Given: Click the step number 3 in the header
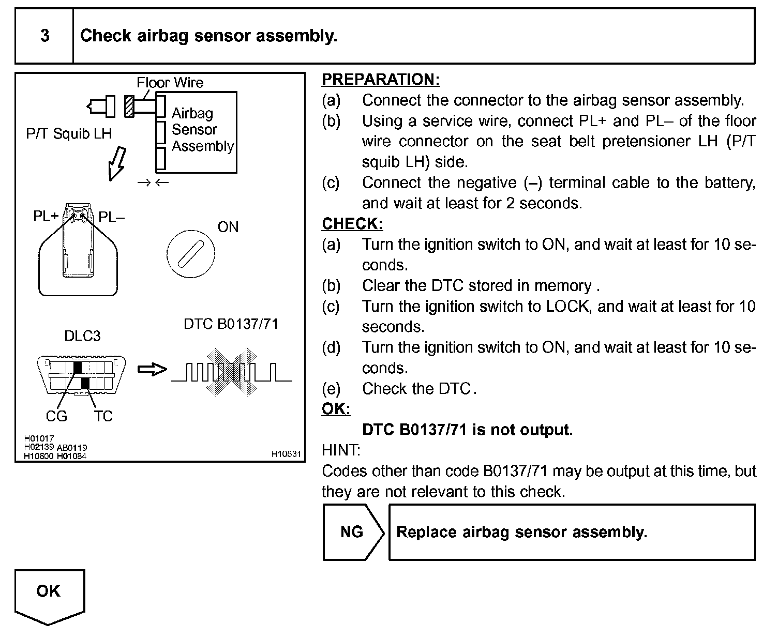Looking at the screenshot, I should click(45, 36).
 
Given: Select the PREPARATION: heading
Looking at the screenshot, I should click(381, 80).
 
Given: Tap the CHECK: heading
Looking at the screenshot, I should click(352, 224).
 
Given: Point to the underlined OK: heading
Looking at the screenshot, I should click(336, 409).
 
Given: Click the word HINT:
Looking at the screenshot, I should click(341, 450).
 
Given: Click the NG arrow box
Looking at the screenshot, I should click(353, 532).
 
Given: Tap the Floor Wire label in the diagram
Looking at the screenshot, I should click(170, 83).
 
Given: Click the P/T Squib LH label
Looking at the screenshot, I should click(69, 134).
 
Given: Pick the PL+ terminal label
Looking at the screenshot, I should click(46, 216).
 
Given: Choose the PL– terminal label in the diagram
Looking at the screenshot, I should click(111, 217).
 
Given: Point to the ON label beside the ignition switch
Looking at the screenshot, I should click(228, 227).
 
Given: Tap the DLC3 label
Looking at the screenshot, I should click(82, 336).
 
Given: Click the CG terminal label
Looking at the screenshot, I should click(56, 416).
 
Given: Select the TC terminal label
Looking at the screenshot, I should click(103, 416).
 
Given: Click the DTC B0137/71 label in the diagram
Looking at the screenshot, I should click(231, 324).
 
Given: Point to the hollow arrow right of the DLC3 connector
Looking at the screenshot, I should click(152, 370).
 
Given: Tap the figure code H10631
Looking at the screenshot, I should click(286, 454).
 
